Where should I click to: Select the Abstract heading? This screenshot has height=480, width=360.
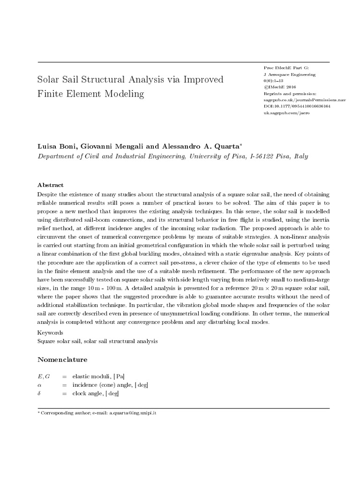[x=50, y=185]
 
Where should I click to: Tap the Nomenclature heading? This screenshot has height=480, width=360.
[x=62, y=360]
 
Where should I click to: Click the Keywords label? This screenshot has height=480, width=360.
[x=50, y=332]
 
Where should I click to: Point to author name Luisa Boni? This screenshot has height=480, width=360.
[x=56, y=146]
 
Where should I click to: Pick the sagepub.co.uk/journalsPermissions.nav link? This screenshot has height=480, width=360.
[x=298, y=100]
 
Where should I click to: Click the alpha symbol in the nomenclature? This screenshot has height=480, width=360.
[x=39, y=385]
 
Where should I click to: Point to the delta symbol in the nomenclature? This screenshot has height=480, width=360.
[x=39, y=394]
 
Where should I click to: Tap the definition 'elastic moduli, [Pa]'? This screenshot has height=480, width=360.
[x=98, y=376]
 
